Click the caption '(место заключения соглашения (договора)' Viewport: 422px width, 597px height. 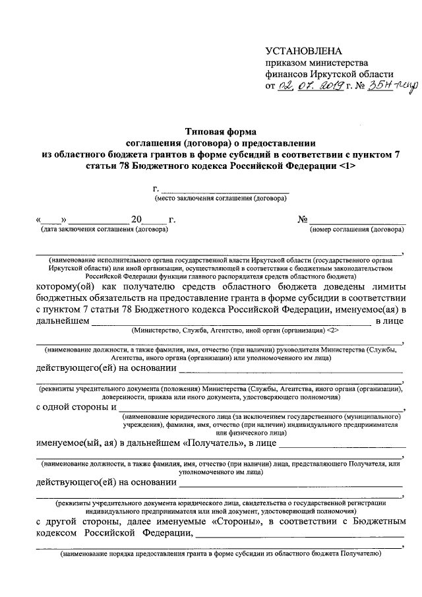(220, 198)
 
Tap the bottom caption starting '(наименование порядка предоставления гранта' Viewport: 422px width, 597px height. (220, 555)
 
